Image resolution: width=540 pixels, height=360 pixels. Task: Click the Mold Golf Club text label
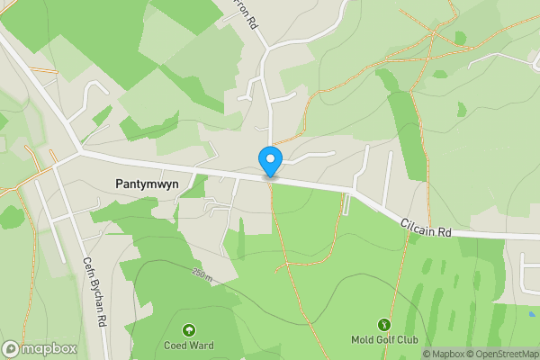384,340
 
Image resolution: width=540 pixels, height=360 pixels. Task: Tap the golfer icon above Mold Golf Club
384,324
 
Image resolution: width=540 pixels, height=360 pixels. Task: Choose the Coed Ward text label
189,345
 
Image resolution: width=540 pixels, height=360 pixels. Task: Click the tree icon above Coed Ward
189,329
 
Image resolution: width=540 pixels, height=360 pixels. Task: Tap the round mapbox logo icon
11,348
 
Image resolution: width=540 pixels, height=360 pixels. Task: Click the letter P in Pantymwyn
120,183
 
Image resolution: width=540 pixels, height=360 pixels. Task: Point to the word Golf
384,340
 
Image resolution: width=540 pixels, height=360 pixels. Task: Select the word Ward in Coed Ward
202,345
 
